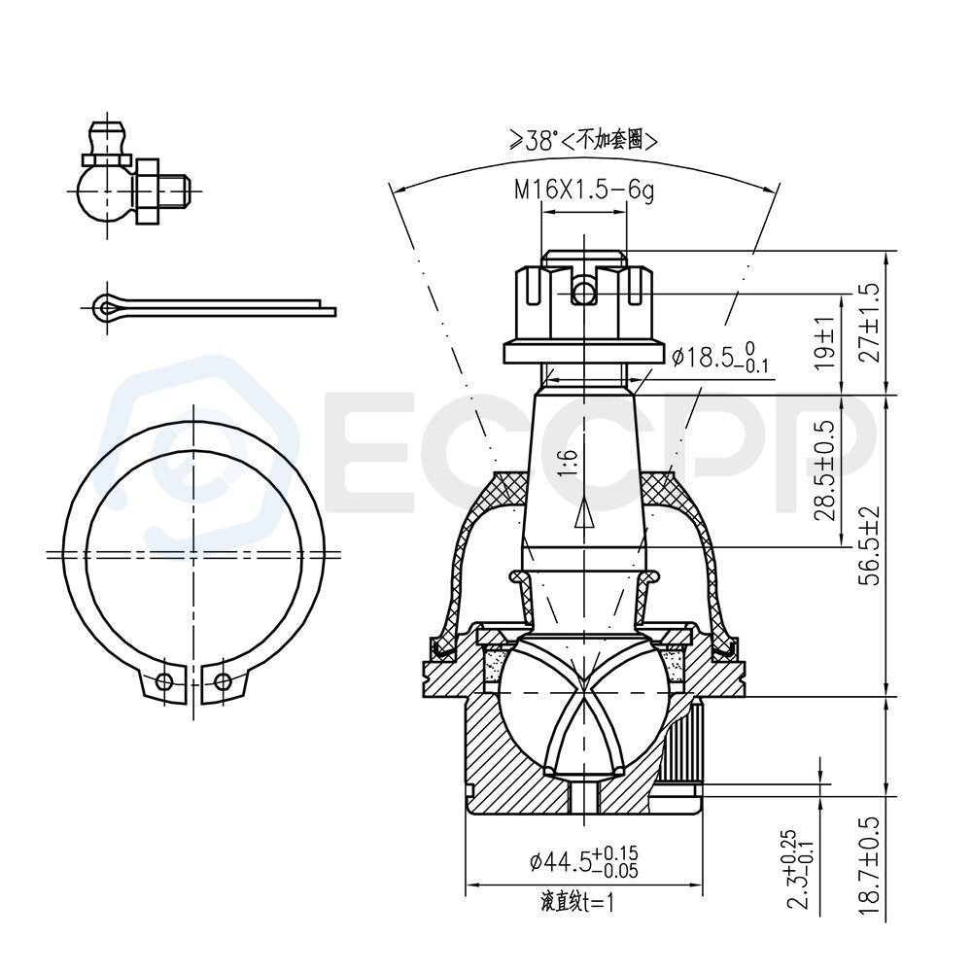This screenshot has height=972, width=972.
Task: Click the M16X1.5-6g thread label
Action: point(584,190)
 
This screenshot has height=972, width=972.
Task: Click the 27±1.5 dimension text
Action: point(869,323)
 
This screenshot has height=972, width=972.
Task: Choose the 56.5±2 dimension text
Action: point(869,545)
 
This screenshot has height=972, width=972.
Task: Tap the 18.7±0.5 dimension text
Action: point(869,864)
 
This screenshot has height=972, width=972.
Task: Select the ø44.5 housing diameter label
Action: point(584,861)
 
